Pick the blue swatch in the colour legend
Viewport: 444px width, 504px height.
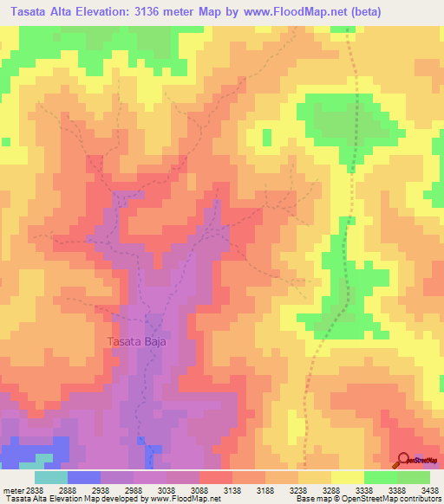click(x=83, y=477)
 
